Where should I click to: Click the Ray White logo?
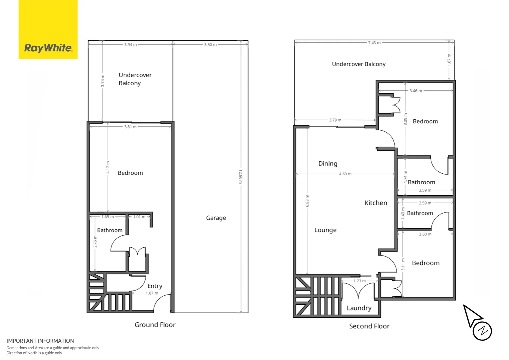pyautogui.click(x=48, y=29)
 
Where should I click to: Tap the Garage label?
pyautogui.click(x=216, y=218)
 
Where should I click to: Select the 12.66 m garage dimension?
pyautogui.click(x=241, y=176)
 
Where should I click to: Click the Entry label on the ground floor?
pyautogui.click(x=155, y=286)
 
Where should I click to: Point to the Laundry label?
pyautogui.click(x=359, y=308)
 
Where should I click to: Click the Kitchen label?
pyautogui.click(x=376, y=203)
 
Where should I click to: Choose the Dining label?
pyautogui.click(x=328, y=164)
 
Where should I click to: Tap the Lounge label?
pyautogui.click(x=325, y=230)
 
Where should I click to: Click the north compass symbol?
pyautogui.click(x=478, y=323)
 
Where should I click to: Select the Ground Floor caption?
pyautogui.click(x=155, y=325)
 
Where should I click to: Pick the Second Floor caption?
pyautogui.click(x=369, y=326)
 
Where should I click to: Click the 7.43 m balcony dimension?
pyautogui.click(x=374, y=43)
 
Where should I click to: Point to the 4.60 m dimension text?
pyautogui.click(x=345, y=174)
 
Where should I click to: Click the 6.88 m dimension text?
pyautogui.click(x=307, y=201)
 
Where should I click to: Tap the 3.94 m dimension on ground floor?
pyautogui.click(x=131, y=45)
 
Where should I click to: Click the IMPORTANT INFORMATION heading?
pyautogui.click(x=40, y=341)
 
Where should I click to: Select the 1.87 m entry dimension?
pyautogui.click(x=152, y=293)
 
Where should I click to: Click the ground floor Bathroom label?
pyautogui.click(x=110, y=230)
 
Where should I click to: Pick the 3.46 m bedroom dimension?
pyautogui.click(x=416, y=91)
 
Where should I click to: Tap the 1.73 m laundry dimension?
pyautogui.click(x=359, y=281)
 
